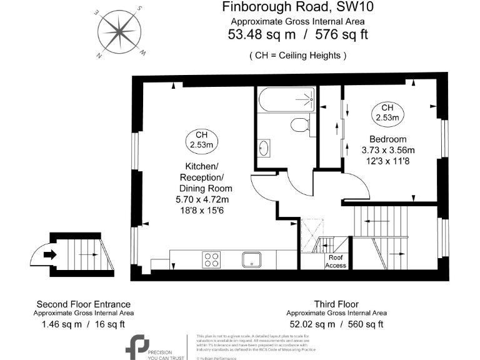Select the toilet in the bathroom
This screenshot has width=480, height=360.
pos(301,124)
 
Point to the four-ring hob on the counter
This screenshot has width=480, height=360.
pos(211,259)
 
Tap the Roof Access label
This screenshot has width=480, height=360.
pos(336,261)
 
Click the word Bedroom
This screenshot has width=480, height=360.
pos(387,139)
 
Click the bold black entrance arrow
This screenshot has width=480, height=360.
pos(51,254)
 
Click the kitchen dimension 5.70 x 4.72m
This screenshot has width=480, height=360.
pos(202,199)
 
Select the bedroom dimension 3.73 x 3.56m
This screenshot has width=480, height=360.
pos(387,150)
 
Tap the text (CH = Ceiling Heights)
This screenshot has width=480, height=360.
pos(297,55)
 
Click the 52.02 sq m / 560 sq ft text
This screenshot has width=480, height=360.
pos(336,324)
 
